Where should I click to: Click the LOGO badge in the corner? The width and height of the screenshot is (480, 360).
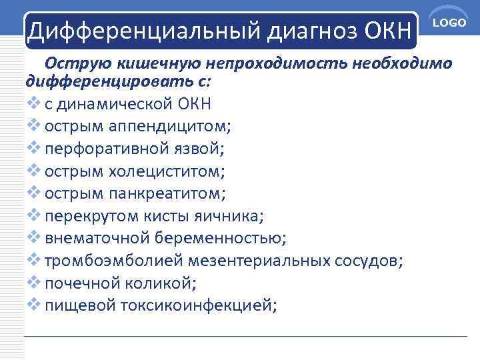(x=449, y=23)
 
